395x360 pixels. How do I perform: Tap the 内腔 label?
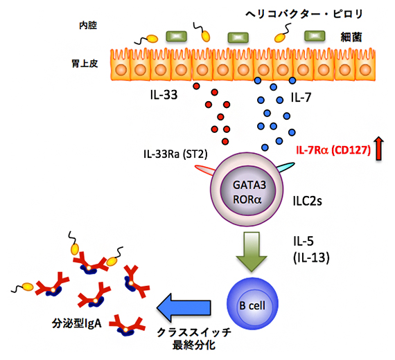click(88, 26)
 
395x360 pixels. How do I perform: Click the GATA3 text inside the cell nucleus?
click(249, 184)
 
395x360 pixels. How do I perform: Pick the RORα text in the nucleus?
click(249, 199)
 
